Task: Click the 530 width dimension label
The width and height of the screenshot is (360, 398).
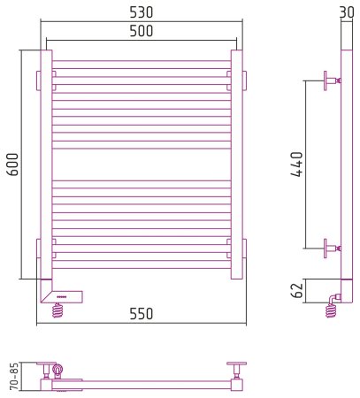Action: (142, 12)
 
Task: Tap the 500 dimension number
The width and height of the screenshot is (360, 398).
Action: (142, 31)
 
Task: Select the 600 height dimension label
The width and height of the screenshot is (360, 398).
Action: (12, 165)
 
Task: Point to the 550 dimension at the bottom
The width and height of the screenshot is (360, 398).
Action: (142, 314)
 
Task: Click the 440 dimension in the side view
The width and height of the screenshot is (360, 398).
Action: (296, 165)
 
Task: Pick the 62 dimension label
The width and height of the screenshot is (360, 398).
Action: (296, 291)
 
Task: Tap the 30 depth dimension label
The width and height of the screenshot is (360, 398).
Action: (347, 12)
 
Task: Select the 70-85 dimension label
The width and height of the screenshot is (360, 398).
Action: (14, 377)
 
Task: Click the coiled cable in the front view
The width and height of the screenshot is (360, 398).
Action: (57, 310)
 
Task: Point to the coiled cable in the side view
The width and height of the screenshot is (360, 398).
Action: (331, 311)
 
